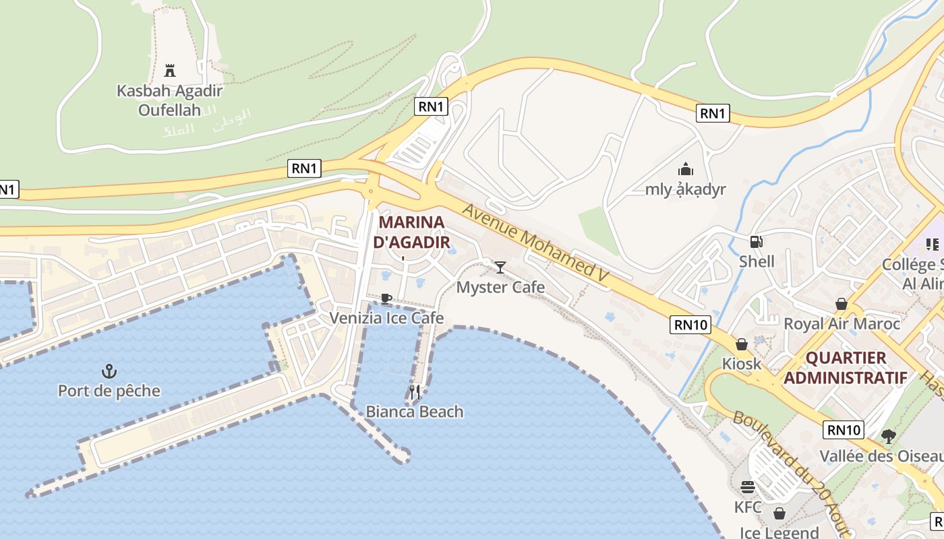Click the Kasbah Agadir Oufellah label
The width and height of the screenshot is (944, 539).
[x=170, y=100]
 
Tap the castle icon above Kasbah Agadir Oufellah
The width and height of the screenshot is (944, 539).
[x=170, y=69]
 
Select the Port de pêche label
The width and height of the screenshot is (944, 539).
[x=109, y=391]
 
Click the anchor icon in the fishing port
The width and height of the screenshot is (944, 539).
[x=109, y=371]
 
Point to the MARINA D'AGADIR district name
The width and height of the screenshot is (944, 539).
[x=412, y=232]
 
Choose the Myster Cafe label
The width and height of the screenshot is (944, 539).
[x=500, y=288]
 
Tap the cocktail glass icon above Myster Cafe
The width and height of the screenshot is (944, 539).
[x=500, y=267]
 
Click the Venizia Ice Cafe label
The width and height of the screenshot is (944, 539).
[x=386, y=318]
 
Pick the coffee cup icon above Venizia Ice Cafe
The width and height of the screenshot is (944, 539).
[x=386, y=298]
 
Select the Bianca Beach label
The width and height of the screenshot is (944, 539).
[x=415, y=412]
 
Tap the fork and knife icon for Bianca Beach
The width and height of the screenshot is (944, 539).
[x=415, y=391]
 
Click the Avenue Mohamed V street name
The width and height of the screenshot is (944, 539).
[x=535, y=243]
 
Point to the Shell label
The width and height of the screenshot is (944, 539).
[x=757, y=261]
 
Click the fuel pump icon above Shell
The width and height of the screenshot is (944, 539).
[x=757, y=242]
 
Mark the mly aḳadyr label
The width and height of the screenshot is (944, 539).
[x=686, y=189]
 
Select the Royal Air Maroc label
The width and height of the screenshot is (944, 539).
[x=842, y=324]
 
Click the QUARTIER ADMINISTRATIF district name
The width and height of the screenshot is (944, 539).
[x=846, y=367]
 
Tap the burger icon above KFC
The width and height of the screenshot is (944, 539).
[x=747, y=486]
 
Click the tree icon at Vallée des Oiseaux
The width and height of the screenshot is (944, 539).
[x=889, y=436]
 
